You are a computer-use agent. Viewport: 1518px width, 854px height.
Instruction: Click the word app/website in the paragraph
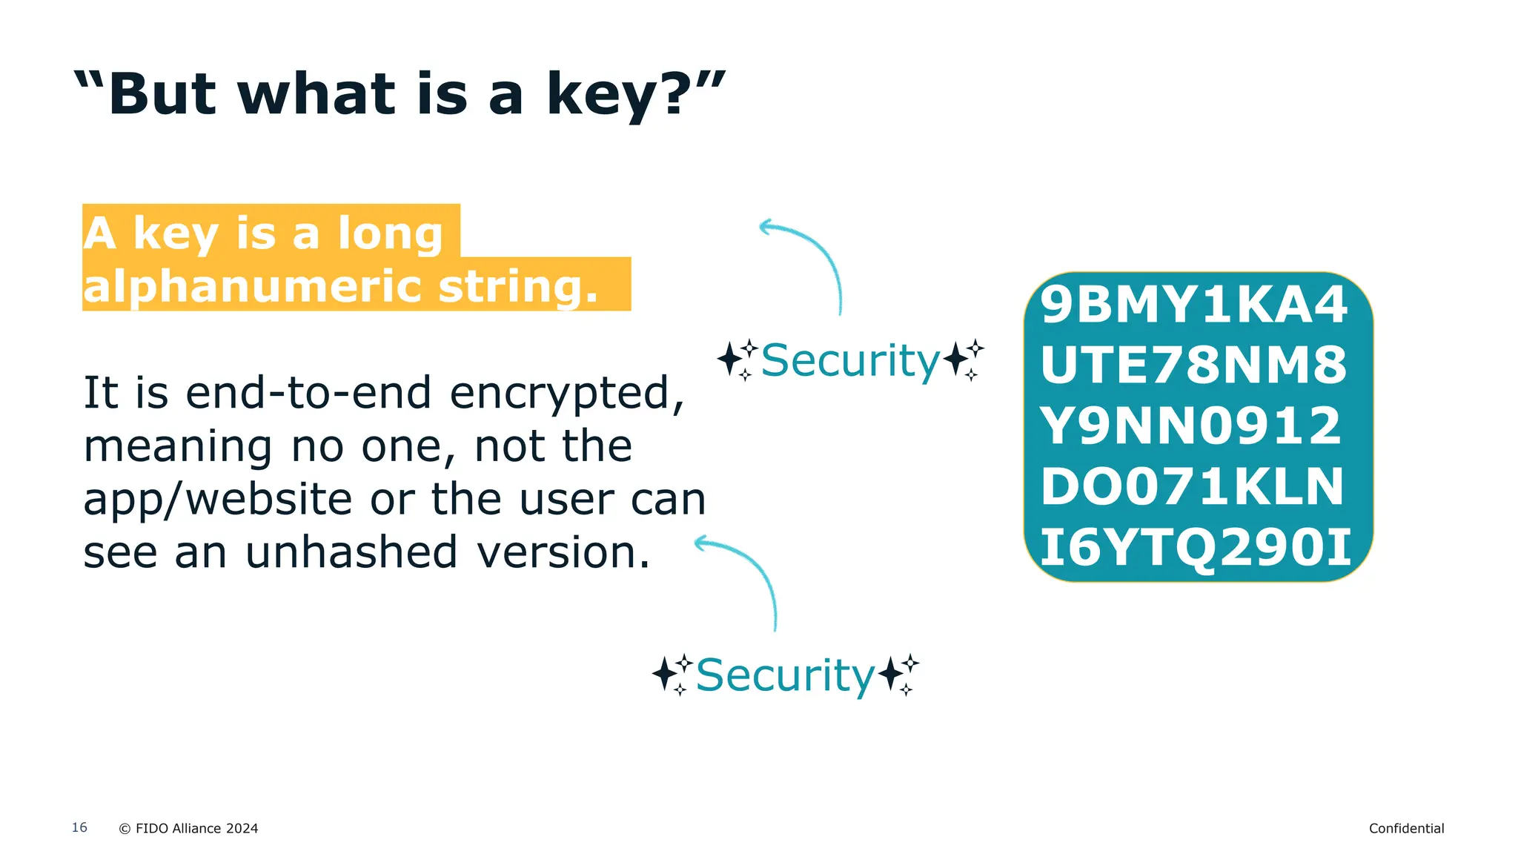217,499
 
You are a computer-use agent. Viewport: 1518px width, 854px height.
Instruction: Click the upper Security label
850,360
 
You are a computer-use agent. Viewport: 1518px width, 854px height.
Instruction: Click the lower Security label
785,675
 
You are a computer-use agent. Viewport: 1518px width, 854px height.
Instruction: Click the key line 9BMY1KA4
1193,305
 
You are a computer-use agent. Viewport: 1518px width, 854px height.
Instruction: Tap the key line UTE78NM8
1193,365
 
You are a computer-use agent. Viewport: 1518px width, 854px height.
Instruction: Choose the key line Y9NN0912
1190,426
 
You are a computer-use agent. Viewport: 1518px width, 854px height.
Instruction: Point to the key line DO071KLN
1192,487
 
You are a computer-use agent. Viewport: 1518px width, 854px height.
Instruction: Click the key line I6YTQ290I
1195,548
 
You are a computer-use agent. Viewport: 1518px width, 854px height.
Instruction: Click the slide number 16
79,827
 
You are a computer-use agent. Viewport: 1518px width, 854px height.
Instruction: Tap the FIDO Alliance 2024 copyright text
189,829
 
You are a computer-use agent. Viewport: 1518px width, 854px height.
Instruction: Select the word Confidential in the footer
1406,829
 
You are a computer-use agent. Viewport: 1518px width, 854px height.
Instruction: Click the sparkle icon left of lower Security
672,675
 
